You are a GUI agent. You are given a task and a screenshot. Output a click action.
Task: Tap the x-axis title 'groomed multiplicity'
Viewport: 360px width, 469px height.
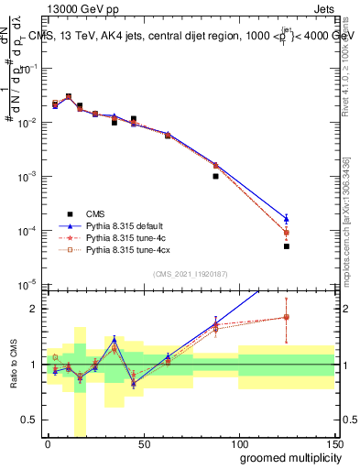click(287, 457)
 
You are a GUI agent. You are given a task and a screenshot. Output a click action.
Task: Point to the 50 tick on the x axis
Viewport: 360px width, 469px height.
click(144, 443)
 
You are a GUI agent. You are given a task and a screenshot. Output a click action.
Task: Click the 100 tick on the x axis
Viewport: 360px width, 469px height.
click(239, 443)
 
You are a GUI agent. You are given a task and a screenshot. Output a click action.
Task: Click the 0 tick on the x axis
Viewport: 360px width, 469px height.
click(48, 443)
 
